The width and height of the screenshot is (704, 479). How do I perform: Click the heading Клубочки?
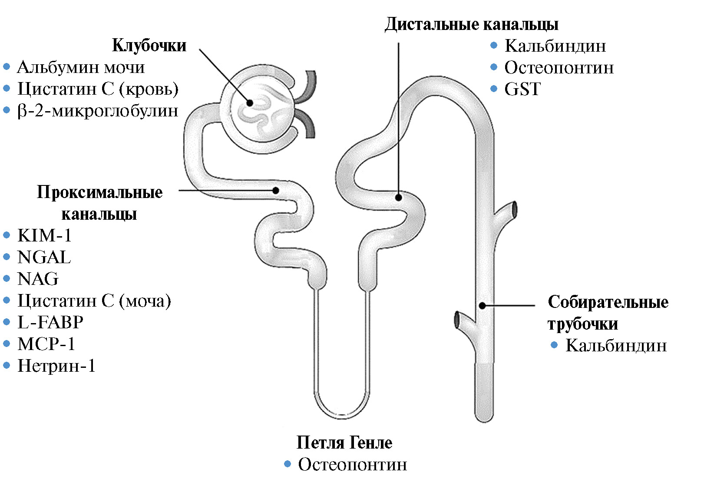[x=149, y=45]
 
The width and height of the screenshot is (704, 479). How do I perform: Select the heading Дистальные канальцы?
[x=471, y=24]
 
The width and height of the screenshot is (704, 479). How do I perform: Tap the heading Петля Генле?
[x=344, y=443]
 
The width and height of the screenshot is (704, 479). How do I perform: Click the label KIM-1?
[x=44, y=235]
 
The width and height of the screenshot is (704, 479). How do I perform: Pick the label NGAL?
[x=44, y=257]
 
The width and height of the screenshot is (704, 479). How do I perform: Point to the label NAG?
[x=38, y=279]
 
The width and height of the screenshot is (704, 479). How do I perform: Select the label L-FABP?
[x=50, y=322]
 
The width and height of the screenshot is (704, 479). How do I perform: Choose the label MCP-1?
[x=46, y=344]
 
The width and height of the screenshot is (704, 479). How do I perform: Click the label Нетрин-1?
[x=56, y=366]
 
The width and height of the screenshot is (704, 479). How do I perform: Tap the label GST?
[x=522, y=89]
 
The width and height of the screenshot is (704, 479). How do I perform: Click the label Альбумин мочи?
[x=81, y=67]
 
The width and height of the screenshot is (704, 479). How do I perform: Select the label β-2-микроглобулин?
[x=98, y=111]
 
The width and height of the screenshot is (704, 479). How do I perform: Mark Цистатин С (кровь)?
[x=98, y=89]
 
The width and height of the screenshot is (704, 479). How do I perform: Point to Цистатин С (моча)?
[x=94, y=301]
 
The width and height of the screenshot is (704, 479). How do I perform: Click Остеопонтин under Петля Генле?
[x=352, y=464]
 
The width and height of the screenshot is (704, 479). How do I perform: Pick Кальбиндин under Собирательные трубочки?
[x=616, y=346]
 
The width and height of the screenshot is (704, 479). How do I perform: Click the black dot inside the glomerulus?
[x=250, y=103]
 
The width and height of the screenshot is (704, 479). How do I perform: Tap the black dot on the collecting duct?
[x=482, y=305]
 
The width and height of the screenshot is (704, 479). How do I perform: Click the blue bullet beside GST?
[x=493, y=89]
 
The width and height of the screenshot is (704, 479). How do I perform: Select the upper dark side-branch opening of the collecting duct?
[x=514, y=210]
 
